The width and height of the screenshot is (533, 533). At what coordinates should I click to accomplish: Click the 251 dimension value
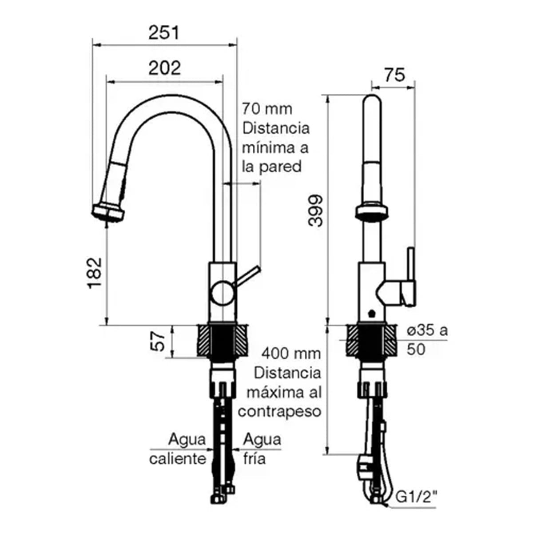point(164,32)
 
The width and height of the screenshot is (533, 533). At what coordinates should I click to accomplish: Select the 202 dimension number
point(165,68)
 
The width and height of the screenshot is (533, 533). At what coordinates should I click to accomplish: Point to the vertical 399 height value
point(316,211)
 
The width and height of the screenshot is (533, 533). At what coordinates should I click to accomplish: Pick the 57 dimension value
point(159,342)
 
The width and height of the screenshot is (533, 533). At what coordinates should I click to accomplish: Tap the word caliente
point(178,459)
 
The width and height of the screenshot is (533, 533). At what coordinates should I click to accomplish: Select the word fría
point(255,459)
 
